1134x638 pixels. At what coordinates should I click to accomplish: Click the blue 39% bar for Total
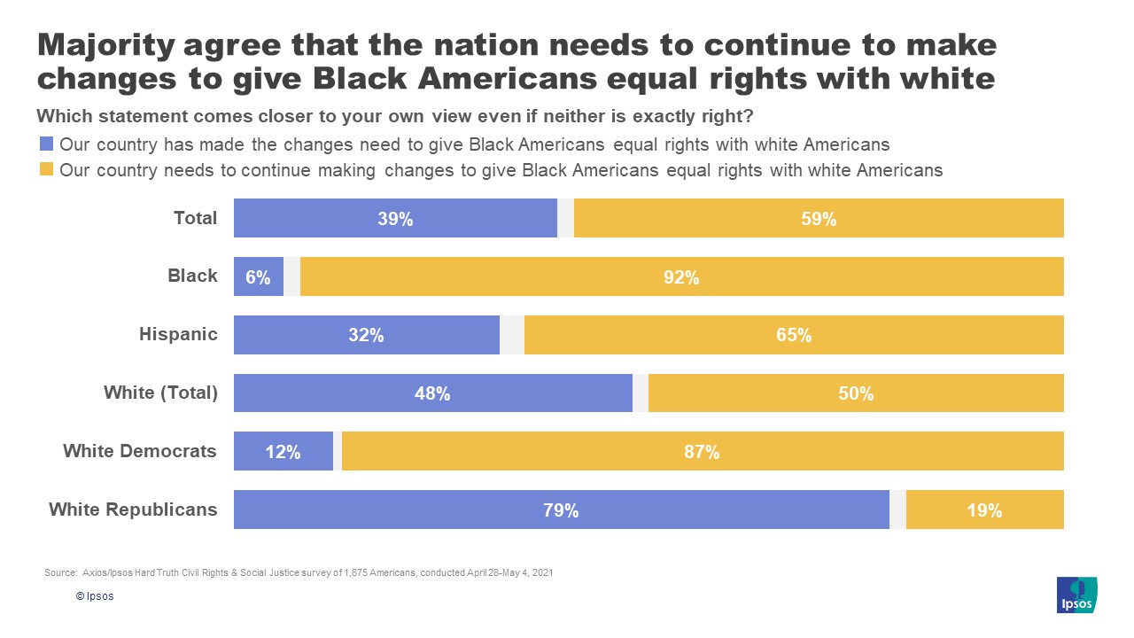(x=395, y=218)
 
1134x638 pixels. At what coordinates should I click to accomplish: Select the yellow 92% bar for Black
(x=681, y=276)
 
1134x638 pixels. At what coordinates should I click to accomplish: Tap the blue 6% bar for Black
(x=258, y=276)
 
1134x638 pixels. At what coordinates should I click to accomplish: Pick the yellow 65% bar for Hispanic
(x=794, y=335)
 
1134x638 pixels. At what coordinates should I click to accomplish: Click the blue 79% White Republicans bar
(x=561, y=510)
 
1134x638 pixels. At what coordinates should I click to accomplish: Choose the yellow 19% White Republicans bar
(x=984, y=510)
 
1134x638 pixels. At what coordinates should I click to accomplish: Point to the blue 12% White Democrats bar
(x=283, y=451)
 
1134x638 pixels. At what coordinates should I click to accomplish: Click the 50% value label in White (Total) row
(x=856, y=393)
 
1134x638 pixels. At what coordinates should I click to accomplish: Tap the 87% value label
(x=702, y=452)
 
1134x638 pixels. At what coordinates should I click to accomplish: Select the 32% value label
(x=366, y=335)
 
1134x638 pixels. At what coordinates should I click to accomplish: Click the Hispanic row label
(x=178, y=334)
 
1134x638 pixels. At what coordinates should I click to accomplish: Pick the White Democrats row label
(x=139, y=451)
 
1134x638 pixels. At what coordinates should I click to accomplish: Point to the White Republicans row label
(x=133, y=510)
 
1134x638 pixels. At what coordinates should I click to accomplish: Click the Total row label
(x=195, y=218)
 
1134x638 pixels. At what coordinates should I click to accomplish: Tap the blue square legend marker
(x=46, y=144)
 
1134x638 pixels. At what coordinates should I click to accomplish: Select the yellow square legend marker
(x=46, y=169)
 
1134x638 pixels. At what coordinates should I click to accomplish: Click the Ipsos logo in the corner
(x=1076, y=595)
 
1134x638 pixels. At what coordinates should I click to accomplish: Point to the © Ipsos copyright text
(x=95, y=596)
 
